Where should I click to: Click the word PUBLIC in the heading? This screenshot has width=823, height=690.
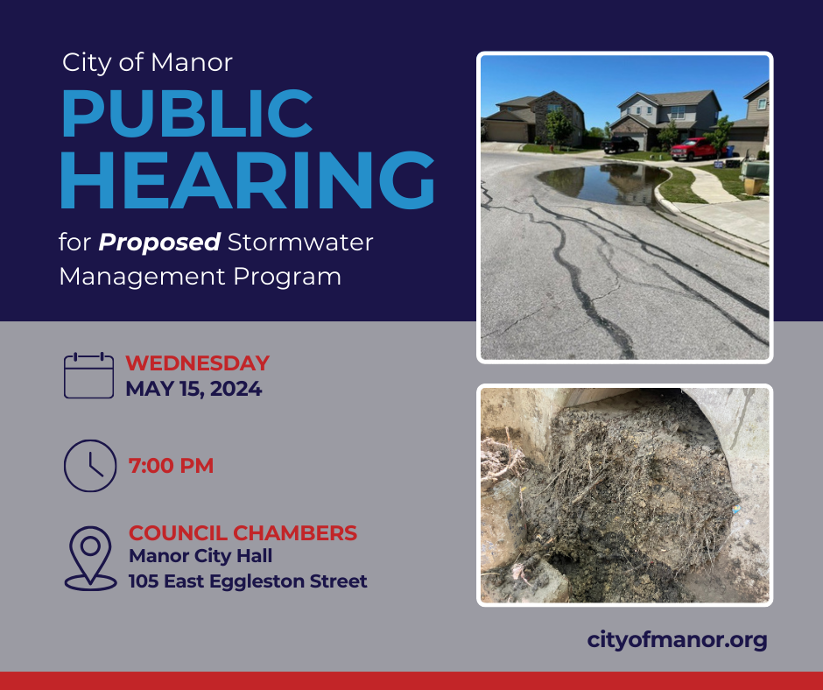tap(187, 114)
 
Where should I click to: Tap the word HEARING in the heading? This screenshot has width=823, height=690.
tap(247, 180)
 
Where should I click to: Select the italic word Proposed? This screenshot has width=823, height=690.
tap(159, 243)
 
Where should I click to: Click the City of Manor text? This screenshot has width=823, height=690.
tap(147, 62)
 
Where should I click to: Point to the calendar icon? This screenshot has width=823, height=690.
tap(88, 376)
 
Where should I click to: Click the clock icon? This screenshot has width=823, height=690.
tap(90, 466)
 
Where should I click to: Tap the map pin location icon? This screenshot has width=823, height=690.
tap(90, 559)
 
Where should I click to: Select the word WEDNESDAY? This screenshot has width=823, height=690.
tap(197, 363)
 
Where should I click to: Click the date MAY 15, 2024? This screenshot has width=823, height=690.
tap(193, 389)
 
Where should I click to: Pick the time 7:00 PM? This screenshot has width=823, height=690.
tap(171, 466)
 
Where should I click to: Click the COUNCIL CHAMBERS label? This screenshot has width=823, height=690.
tap(243, 533)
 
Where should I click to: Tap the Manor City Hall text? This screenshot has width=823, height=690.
tap(200, 556)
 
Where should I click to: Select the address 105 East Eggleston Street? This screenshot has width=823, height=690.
tap(248, 581)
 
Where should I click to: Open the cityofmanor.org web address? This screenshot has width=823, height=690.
tap(677, 640)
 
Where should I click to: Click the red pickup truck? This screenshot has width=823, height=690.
tap(694, 149)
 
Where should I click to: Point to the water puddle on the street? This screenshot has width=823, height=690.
tap(602, 183)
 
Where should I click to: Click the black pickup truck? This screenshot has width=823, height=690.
tap(620, 144)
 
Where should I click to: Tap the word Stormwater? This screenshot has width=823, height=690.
tap(300, 243)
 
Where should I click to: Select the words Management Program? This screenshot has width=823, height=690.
tap(200, 277)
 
